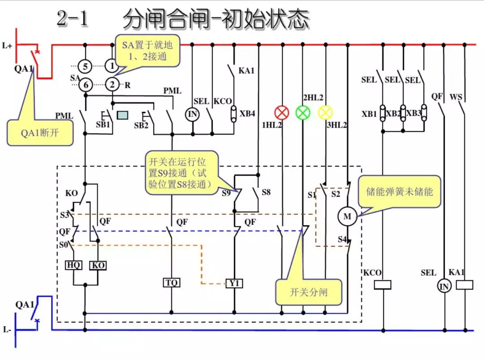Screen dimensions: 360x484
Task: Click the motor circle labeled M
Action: (347, 217)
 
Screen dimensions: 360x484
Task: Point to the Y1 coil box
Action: (234, 283)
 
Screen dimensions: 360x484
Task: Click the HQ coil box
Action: (73, 265)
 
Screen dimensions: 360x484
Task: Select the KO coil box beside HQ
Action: (98, 265)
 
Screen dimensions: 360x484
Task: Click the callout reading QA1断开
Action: (40, 133)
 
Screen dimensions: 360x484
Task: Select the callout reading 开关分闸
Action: (308, 292)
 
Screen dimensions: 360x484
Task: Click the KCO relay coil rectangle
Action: (383, 285)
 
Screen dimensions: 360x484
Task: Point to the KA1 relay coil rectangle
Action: (464, 285)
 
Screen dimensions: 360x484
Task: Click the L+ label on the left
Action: (7, 46)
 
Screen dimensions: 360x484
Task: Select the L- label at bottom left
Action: (7, 330)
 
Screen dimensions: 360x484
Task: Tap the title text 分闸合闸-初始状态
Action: (216, 19)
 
